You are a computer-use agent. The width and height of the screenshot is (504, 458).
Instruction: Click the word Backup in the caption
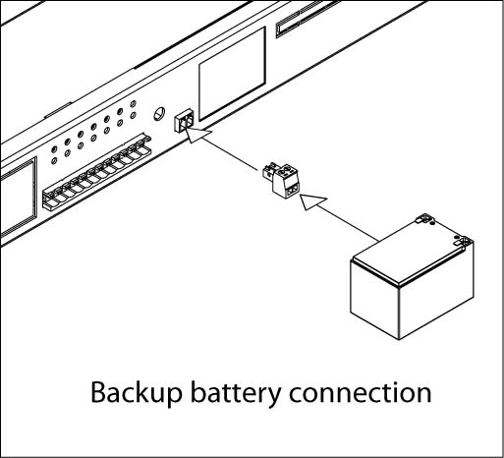coord(136,394)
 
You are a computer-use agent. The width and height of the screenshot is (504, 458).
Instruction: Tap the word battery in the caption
coord(236,394)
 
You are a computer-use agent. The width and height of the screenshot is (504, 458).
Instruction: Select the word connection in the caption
coord(361,392)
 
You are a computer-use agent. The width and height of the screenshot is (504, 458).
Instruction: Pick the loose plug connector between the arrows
coord(281,181)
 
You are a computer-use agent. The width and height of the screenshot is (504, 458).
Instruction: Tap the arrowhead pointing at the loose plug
coord(311,201)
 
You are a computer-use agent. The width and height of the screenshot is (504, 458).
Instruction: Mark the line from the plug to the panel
coord(230,154)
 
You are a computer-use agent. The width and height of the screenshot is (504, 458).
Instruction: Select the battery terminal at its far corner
coord(425,219)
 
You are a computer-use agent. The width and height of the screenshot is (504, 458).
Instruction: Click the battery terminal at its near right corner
coord(463,242)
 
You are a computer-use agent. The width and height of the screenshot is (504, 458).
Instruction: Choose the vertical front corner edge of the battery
coord(399,312)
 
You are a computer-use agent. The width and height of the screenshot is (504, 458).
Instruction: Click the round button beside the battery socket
coord(159,113)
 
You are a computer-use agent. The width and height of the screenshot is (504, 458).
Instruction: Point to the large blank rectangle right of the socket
coord(232,74)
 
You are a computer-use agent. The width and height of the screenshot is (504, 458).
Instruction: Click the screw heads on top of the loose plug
coord(286,171)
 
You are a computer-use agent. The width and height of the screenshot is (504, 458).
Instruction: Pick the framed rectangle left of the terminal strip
coord(17,197)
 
